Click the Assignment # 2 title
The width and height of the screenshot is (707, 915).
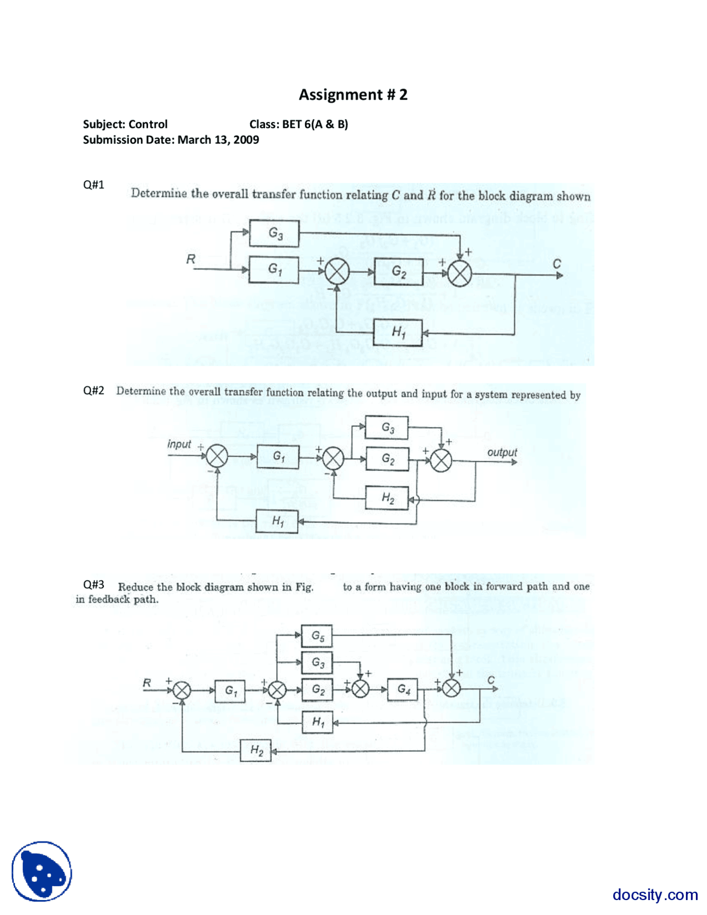pos(353,94)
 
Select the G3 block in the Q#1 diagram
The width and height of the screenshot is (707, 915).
pos(274,233)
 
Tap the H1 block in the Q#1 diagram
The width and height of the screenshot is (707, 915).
pos(398,332)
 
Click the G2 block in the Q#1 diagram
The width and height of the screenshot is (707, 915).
pos(399,271)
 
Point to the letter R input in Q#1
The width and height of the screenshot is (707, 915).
pos(191,259)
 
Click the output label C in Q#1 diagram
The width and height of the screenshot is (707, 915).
pos(557,264)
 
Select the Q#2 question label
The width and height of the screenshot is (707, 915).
pos(93,390)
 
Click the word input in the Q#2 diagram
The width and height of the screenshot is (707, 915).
pos(179,444)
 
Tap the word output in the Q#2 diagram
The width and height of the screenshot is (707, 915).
pos(502,452)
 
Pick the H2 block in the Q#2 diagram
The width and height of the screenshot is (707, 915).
pos(387,498)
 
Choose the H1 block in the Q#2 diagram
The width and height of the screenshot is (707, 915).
pos(277,521)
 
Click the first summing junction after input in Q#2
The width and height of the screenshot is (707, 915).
pos(217,456)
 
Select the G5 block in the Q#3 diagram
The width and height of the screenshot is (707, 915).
pos(317,636)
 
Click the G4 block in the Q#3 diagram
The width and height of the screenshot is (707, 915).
pos(403,689)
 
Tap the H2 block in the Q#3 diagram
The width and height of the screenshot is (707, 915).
pos(256,750)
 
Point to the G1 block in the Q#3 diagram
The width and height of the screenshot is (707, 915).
pos(230,691)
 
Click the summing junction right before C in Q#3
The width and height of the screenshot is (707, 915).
pos(451,688)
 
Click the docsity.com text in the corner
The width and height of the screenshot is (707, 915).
pos(655,894)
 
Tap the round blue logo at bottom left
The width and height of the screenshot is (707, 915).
pos(42,871)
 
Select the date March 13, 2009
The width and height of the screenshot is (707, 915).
pos(218,140)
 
